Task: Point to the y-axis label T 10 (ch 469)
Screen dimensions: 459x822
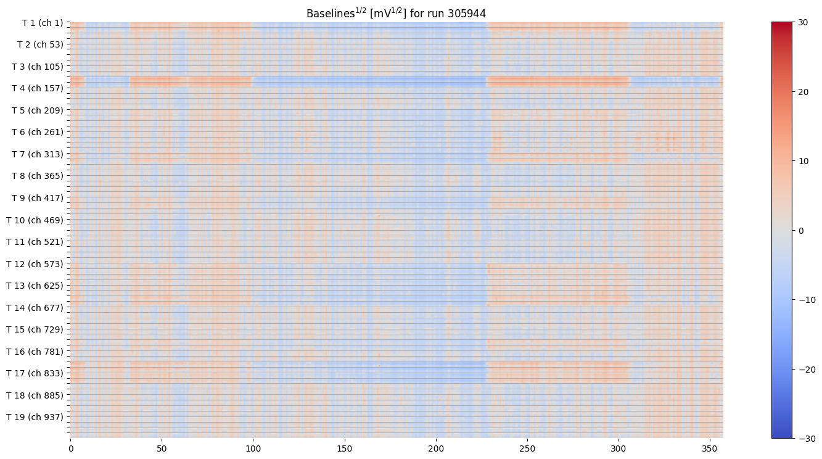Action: [35, 220]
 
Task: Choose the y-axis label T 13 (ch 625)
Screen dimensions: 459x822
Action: [35, 285]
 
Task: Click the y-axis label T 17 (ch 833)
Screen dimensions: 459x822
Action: [35, 373]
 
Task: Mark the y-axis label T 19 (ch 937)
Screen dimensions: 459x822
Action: [35, 416]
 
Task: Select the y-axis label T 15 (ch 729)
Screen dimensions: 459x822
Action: [35, 329]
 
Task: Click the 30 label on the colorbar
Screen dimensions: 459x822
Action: [803, 22]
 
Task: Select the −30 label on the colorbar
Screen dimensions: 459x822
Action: [805, 438]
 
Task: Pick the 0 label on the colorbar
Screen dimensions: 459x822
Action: [801, 230]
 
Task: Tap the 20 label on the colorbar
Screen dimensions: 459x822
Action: [803, 92]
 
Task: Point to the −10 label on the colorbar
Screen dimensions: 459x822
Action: [805, 299]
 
